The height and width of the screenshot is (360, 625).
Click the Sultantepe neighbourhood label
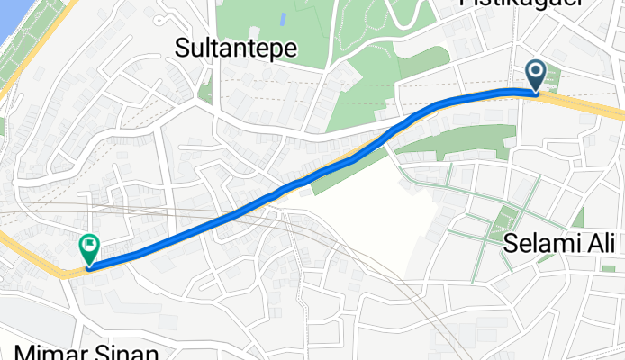(x=236, y=47)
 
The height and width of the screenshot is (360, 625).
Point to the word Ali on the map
(x=600, y=243)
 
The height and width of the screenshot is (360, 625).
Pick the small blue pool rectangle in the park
(x=283, y=18)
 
